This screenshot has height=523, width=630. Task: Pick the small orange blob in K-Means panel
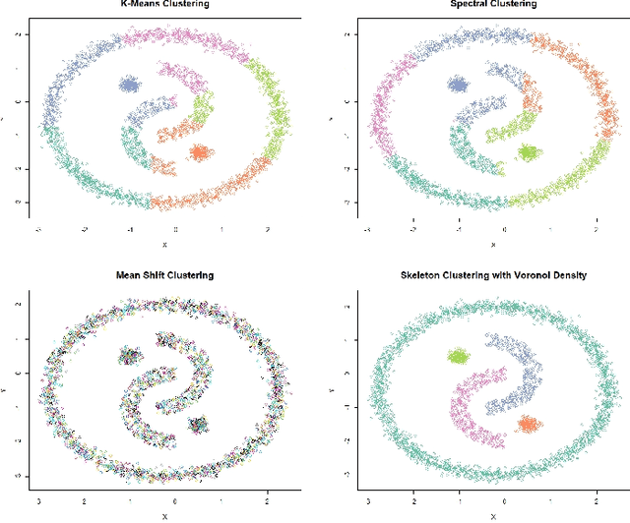point(200,152)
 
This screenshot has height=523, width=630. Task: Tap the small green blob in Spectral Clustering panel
point(529,152)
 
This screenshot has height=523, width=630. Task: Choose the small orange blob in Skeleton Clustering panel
point(529,424)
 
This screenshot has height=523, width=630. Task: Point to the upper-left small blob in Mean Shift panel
point(130,357)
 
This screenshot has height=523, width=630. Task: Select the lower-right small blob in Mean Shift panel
point(200,424)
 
